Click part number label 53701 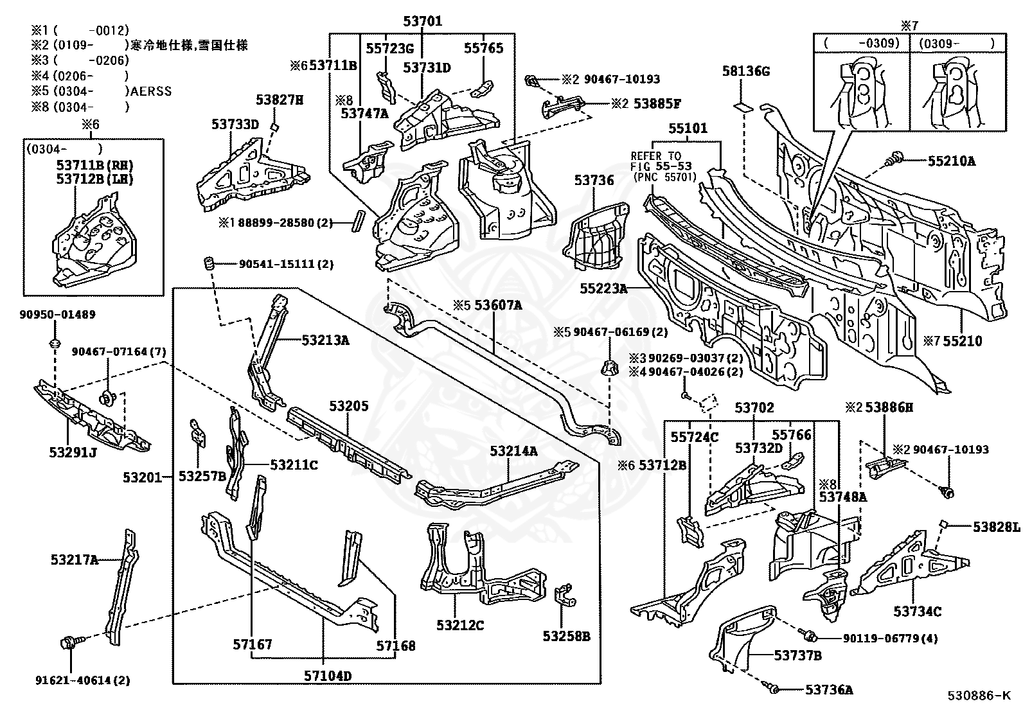[423, 21]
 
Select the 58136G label [745, 71]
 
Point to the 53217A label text [74, 560]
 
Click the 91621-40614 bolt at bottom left [68, 642]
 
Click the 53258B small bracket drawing [564, 596]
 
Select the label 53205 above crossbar [349, 406]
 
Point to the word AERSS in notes [151, 91]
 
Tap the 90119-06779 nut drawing [810, 637]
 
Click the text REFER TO [655, 156]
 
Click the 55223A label [603, 289]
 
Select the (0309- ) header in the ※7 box [956, 43]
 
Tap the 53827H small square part [274, 127]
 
